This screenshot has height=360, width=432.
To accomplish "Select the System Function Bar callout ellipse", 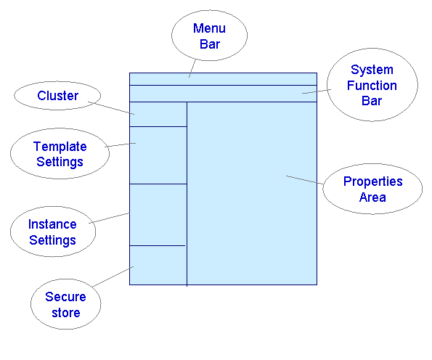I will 372,85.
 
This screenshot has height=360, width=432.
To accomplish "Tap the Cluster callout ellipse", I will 57,96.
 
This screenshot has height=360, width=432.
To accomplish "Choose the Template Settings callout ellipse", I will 60,155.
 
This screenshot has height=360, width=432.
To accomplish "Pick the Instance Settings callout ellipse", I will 52,232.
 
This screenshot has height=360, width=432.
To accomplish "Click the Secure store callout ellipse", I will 65,305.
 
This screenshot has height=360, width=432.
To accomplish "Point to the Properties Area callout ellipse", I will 372,189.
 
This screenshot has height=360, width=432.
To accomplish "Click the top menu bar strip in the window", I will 223,79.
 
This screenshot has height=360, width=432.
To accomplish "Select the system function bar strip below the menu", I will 223,94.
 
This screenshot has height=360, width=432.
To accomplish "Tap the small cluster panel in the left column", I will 158,114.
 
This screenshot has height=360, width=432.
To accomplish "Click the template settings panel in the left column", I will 158,155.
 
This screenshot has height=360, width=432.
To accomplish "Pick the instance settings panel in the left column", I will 158,215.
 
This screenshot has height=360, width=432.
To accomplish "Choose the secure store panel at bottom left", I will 158,266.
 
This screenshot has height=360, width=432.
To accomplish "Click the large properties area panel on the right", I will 252,193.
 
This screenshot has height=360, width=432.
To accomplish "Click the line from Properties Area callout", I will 305,181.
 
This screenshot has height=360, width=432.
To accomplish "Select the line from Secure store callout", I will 113,277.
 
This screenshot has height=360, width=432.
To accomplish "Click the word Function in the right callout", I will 372,86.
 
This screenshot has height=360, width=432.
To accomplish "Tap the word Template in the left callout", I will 60,147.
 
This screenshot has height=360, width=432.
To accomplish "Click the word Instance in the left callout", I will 52,224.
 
